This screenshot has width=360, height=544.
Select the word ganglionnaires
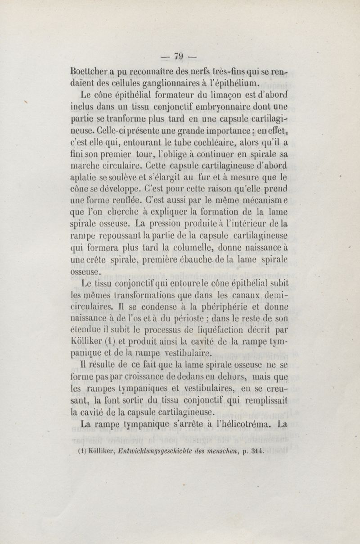click(160, 83)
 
